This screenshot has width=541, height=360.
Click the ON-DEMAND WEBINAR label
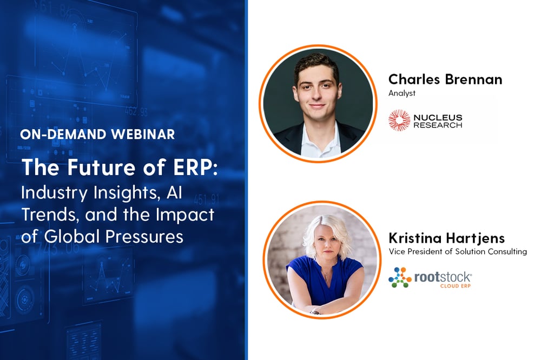(x=97, y=135)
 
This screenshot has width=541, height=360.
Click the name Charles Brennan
(x=445, y=79)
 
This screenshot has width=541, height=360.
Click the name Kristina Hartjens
(x=447, y=238)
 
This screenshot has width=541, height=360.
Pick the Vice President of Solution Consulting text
(x=458, y=251)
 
